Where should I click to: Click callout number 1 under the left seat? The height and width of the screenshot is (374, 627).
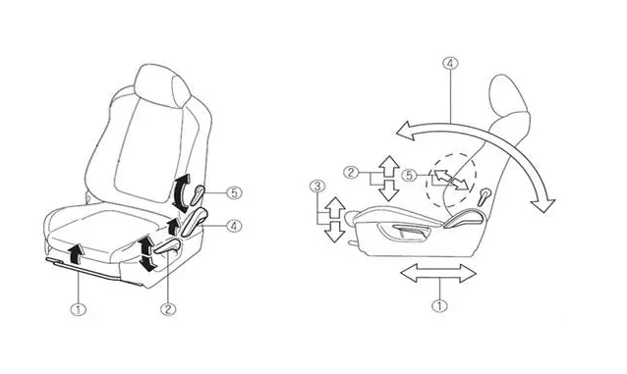point(79,309)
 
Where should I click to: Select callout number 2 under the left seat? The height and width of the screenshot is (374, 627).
point(168,309)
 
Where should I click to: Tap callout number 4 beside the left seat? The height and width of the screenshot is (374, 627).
point(234,226)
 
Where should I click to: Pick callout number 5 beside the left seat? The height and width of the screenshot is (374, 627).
point(234,193)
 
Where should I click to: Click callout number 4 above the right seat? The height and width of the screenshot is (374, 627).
point(450,64)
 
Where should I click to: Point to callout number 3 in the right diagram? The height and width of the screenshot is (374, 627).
point(317,186)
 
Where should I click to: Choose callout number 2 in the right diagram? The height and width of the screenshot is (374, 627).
point(351,172)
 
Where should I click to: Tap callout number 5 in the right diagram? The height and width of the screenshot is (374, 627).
point(409,175)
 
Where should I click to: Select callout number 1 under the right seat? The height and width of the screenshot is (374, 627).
point(440,306)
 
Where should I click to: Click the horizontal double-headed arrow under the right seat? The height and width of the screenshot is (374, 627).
point(438,273)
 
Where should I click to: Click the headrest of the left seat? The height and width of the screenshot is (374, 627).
point(161,85)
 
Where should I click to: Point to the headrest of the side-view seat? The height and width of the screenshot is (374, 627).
point(509,98)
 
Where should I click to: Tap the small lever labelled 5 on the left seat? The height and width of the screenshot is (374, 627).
point(198,195)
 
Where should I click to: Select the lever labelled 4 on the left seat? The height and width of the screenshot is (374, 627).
point(194,222)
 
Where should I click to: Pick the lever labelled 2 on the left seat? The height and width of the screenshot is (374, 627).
point(168,246)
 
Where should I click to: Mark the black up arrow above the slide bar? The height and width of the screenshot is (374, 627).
point(75,253)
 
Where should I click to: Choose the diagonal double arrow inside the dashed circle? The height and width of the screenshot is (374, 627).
point(451,179)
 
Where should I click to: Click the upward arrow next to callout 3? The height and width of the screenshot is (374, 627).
point(335,207)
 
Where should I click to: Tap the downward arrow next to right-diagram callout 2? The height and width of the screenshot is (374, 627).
point(388,190)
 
